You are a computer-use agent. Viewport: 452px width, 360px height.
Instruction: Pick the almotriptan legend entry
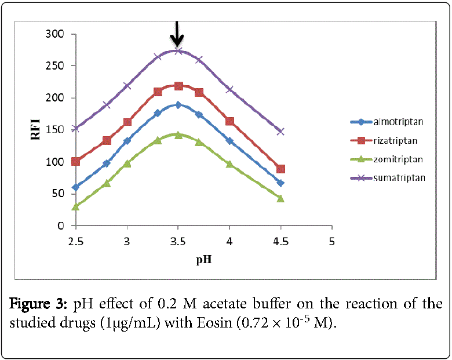pos(398,122)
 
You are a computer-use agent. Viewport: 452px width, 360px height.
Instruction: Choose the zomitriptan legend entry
pos(398,159)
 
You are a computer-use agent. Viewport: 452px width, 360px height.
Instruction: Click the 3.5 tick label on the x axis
pos(178,240)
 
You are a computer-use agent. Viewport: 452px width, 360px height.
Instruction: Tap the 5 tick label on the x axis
pos(332,240)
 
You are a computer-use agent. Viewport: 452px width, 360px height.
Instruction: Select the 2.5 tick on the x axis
pos(75,240)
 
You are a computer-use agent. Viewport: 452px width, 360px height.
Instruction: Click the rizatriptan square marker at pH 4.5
pos(281,169)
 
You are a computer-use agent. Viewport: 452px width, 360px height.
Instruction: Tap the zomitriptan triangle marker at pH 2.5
pos(76,206)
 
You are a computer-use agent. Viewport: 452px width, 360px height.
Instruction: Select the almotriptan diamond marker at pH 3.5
pos(178,105)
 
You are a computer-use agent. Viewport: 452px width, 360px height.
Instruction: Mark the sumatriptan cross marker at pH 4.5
pos(281,132)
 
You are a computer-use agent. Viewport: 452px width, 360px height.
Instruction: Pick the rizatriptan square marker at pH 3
pos(127,122)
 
